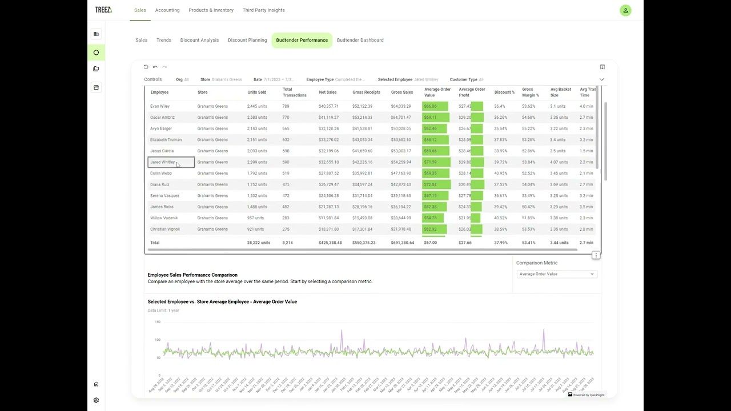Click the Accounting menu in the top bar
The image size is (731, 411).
coord(167,10)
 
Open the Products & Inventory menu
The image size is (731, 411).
coord(211,10)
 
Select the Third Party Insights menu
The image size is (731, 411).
coord(263,10)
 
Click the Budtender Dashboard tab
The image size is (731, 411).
coord(360,41)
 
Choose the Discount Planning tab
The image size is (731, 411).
coord(247,41)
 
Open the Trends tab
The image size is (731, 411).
coord(164,41)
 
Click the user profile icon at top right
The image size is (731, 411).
coord(625,10)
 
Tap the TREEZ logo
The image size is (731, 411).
coord(103,10)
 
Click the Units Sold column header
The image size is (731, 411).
coord(256,92)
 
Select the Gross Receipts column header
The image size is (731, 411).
coord(366,92)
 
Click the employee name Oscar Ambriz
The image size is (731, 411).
coord(162,118)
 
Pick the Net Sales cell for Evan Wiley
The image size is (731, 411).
coord(328,106)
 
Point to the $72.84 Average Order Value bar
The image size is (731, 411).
coord(436,184)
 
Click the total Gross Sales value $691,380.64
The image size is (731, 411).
coord(402,243)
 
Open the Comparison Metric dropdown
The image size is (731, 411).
coord(556,274)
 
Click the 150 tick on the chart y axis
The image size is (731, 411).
coord(158,322)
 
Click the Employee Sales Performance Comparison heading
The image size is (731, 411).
coord(192,275)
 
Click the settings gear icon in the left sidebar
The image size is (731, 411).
coord(96,400)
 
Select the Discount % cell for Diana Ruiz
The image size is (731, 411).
coord(501,184)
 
